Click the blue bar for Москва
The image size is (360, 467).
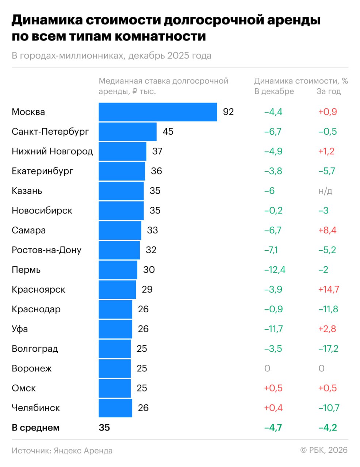(158, 112)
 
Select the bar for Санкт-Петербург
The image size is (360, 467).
(127, 132)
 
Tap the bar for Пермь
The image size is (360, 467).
(118, 270)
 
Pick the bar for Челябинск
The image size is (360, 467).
(115, 408)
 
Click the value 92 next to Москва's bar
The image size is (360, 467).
(228, 112)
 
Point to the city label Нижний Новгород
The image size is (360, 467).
(52, 151)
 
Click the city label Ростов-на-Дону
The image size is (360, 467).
(46, 250)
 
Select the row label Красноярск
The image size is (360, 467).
(38, 289)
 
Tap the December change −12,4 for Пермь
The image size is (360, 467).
(275, 270)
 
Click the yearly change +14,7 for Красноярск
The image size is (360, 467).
(329, 289)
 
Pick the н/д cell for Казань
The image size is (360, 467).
(325, 191)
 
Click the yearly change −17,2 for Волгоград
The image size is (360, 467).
(328, 348)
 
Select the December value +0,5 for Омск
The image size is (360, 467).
(273, 388)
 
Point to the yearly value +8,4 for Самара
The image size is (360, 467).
(328, 230)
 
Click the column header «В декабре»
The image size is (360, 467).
(274, 91)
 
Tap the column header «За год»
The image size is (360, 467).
(329, 91)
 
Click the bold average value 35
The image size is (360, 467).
(104, 428)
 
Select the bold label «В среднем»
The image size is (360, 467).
(35, 428)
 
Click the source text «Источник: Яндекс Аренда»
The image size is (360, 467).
(62, 451)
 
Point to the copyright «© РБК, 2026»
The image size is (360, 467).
(324, 450)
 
